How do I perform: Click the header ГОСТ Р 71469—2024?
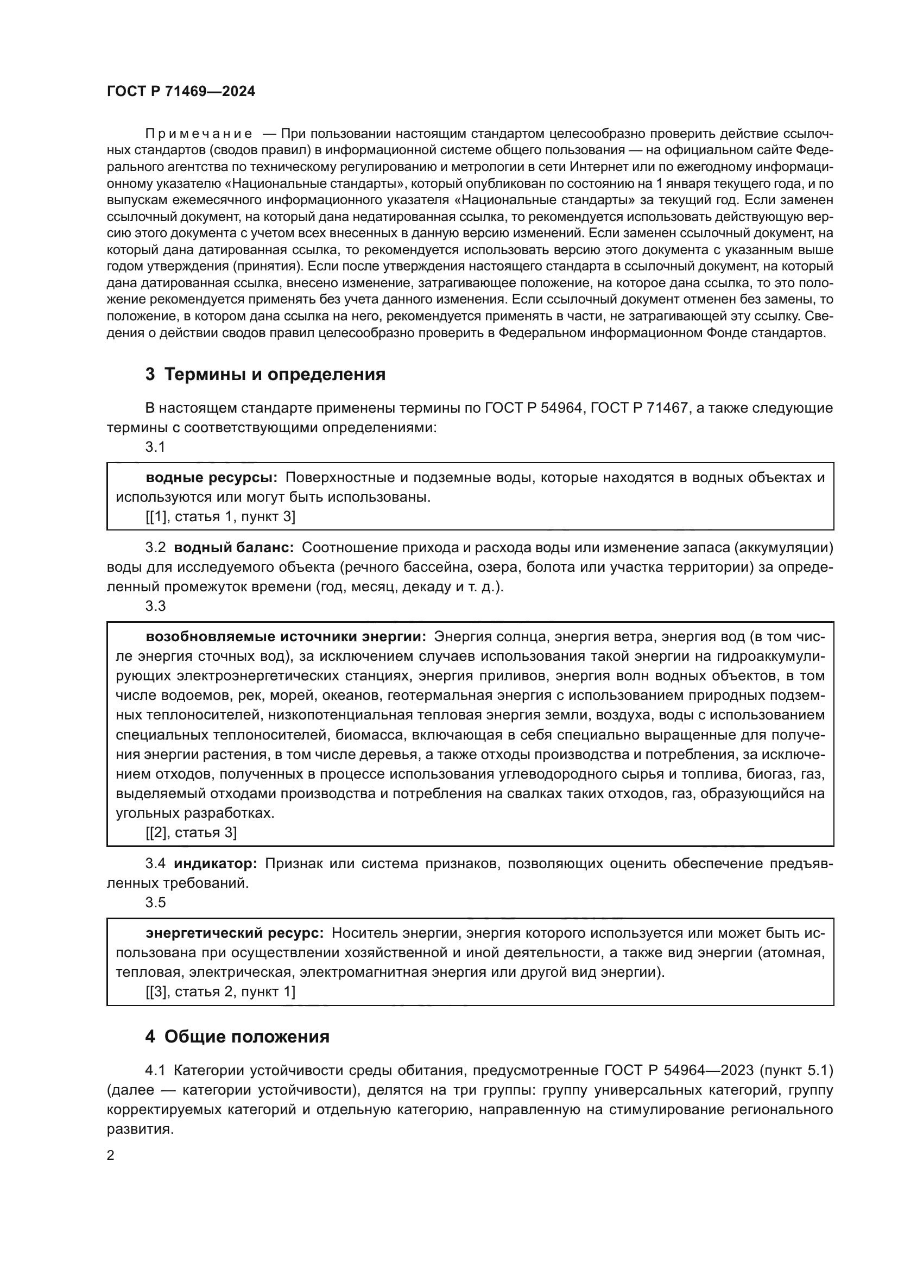click(181, 92)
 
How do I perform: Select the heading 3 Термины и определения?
click(265, 375)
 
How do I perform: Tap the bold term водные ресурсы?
click(211, 477)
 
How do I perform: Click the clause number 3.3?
click(155, 606)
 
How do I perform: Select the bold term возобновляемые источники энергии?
click(286, 637)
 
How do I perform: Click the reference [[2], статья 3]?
click(191, 832)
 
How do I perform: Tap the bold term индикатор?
click(216, 863)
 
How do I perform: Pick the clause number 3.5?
click(155, 902)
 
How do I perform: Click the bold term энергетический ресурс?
click(235, 933)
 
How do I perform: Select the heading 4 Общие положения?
click(237, 1037)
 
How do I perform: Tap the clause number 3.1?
click(155, 447)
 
